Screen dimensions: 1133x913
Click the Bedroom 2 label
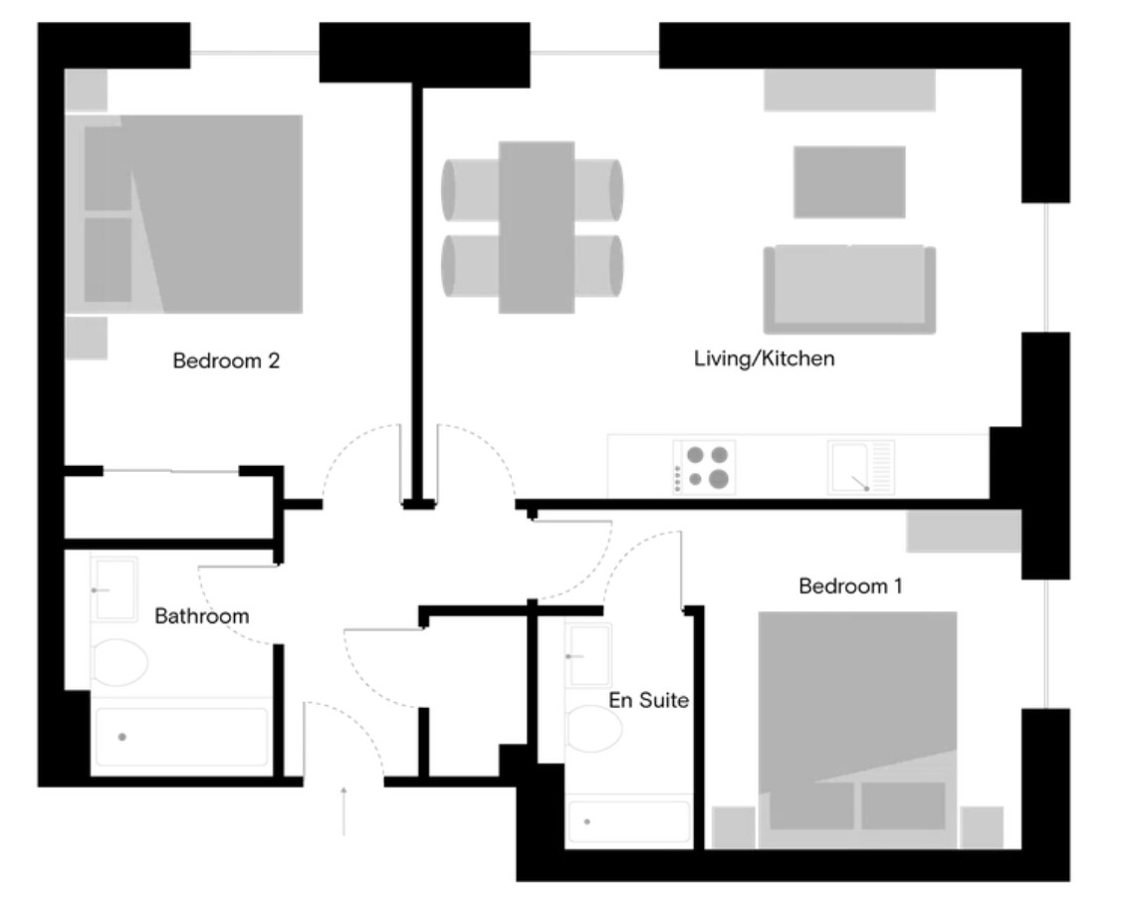[226, 360]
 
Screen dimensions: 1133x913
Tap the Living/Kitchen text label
[764, 358]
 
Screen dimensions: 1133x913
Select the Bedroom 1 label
[850, 585]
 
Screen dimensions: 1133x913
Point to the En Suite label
[648, 700]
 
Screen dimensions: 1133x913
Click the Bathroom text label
[201, 616]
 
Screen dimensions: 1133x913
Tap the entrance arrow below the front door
[343, 811]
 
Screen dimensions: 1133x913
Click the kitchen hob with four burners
[705, 467]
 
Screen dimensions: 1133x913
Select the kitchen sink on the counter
[860, 467]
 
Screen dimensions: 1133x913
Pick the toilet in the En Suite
[593, 729]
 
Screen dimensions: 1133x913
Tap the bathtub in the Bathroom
[181, 737]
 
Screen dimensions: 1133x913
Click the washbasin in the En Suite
[588, 655]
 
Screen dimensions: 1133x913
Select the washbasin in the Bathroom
[114, 589]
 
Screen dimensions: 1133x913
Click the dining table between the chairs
[537, 227]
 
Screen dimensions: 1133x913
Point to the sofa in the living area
[850, 289]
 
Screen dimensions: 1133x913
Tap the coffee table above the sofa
[850, 182]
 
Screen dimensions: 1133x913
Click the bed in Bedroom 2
[184, 214]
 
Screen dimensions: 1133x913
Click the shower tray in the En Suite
[629, 821]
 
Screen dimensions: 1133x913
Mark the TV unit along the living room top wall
[850, 90]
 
